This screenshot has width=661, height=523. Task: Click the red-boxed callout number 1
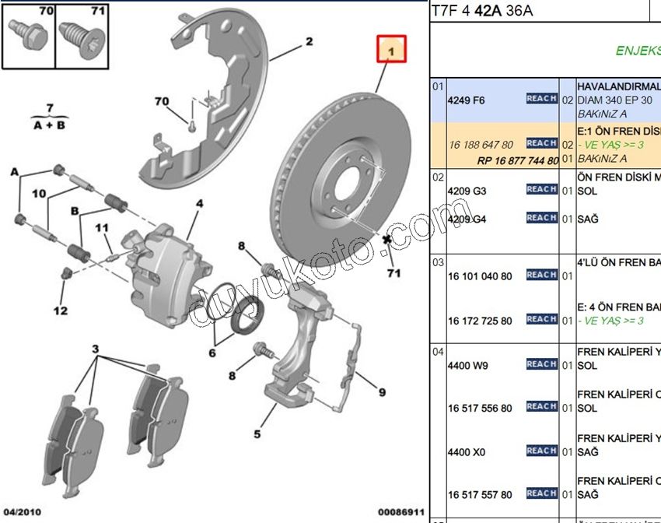click(x=391, y=51)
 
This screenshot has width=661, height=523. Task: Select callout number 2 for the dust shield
click(x=309, y=41)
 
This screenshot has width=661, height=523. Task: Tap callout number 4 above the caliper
click(x=199, y=204)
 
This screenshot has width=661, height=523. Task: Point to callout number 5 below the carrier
click(x=257, y=435)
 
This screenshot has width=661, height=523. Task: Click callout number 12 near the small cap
click(x=61, y=311)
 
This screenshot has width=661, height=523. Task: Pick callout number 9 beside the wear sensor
click(x=382, y=392)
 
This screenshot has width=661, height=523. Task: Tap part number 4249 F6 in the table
click(x=467, y=100)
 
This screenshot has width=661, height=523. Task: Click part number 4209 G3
click(x=467, y=191)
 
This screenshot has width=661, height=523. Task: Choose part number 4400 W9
click(x=467, y=366)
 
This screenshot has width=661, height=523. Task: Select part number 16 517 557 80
click(x=480, y=494)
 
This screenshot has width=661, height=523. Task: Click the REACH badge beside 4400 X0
click(x=541, y=451)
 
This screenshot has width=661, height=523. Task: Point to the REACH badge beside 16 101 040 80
click(x=541, y=275)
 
